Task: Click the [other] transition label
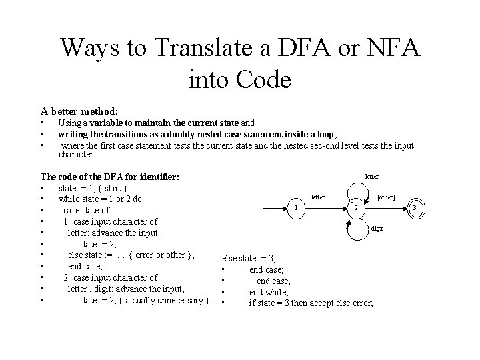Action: (386, 197)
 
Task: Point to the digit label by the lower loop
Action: (377, 228)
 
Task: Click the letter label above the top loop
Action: (371, 177)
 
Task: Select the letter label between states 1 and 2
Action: (318, 197)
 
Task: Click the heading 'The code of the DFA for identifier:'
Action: (110, 177)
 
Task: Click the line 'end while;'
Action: (269, 292)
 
